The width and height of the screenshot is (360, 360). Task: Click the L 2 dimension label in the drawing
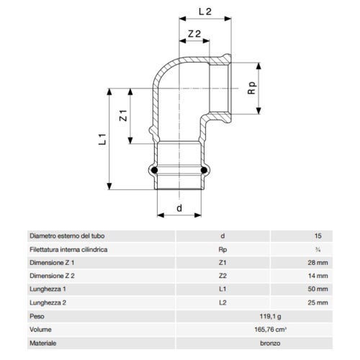[204, 12]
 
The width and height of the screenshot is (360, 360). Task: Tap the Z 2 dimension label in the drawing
[194, 35]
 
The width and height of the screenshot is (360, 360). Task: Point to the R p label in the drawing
[252, 89]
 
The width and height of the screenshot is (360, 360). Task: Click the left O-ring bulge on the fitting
[152, 171]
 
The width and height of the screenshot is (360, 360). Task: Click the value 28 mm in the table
[318, 262]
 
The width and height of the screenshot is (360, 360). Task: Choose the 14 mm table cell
[318, 276]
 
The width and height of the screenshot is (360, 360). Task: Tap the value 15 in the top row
[318, 235]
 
